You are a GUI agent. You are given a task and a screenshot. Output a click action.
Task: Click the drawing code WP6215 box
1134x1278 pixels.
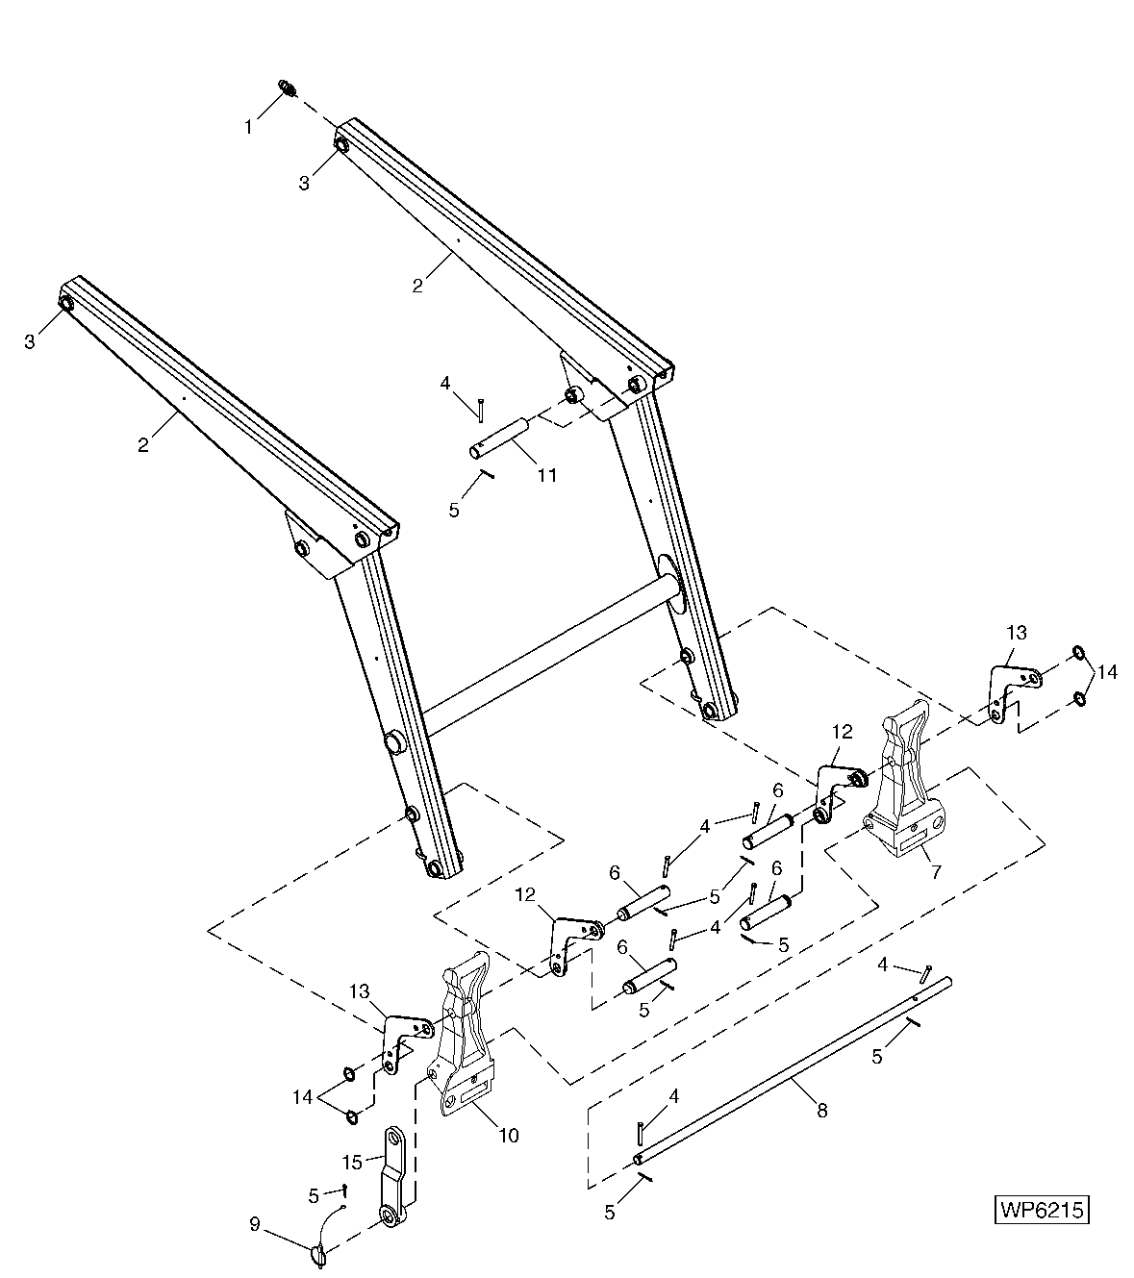(1042, 1209)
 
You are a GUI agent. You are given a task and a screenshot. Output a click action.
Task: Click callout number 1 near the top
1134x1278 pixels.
(249, 126)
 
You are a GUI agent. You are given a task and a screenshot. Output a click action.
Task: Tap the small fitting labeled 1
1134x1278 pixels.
(288, 88)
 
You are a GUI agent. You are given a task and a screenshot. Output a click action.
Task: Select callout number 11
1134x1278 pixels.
(548, 474)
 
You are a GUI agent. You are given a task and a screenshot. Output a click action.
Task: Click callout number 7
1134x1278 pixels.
(936, 871)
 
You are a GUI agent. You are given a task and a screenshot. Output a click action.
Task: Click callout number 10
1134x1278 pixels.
(508, 1135)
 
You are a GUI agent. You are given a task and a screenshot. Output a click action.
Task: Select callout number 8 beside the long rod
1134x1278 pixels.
(820, 1110)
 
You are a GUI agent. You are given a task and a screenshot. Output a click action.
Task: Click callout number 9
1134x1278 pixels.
(254, 1224)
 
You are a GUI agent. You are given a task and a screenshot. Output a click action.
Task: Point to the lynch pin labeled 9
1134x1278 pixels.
(319, 1254)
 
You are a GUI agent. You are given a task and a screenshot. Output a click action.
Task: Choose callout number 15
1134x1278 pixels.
(352, 1162)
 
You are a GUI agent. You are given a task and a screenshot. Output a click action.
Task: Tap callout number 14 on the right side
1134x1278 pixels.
(1107, 672)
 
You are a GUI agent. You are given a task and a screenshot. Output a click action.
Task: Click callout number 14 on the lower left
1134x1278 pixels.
(303, 1096)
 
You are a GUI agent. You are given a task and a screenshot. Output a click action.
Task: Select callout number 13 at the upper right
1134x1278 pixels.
(1017, 633)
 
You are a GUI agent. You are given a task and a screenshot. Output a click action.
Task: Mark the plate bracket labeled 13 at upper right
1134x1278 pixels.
(1007, 689)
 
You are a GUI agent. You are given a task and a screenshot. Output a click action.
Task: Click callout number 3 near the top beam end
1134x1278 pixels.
(304, 183)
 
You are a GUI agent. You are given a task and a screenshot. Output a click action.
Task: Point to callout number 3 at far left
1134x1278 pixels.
(30, 341)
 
